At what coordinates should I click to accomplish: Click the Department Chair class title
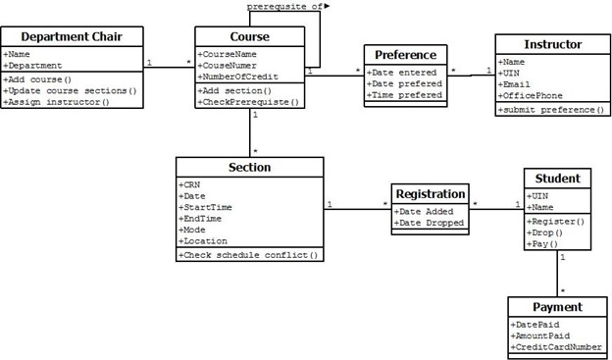pyautogui.click(x=72, y=37)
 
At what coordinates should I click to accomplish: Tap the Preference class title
pyautogui.click(x=405, y=55)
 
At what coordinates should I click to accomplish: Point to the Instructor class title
pyautogui.click(x=552, y=44)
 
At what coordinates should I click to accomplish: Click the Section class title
pyautogui.click(x=249, y=168)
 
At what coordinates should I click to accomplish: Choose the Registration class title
pyautogui.click(x=430, y=194)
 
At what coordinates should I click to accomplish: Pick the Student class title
pyautogui.click(x=556, y=179)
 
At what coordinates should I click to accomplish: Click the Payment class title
pyautogui.click(x=556, y=307)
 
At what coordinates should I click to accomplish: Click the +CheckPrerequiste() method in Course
pyautogui.click(x=249, y=102)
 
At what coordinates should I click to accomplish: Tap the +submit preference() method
pyautogui.click(x=552, y=110)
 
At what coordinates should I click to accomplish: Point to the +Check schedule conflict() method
pyautogui.click(x=249, y=255)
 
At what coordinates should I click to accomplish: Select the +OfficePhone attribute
pyautogui.click(x=531, y=95)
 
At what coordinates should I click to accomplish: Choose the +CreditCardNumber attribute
pyautogui.click(x=556, y=347)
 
